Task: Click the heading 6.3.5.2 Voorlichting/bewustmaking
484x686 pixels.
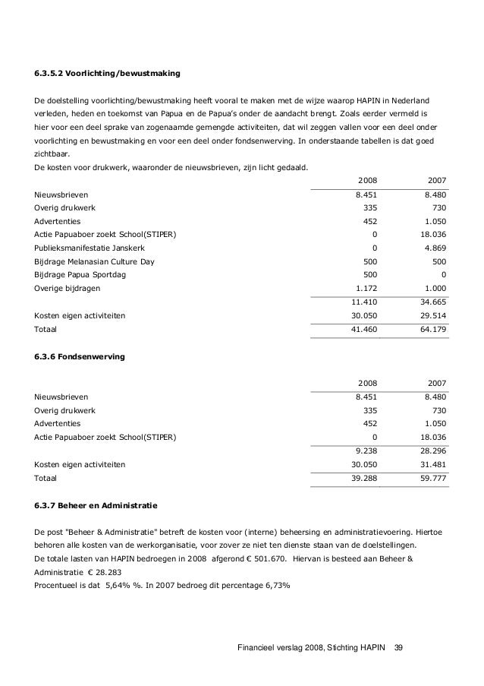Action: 107,74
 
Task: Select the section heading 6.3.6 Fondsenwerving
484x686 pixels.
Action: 78,356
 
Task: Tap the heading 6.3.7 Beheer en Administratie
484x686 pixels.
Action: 96,504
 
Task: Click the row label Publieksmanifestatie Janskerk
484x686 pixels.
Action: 90,248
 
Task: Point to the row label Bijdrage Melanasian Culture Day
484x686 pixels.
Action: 93,261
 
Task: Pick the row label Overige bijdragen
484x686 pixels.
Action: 67,288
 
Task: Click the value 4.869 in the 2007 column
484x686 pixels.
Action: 435,248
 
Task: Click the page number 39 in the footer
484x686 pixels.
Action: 398,647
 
